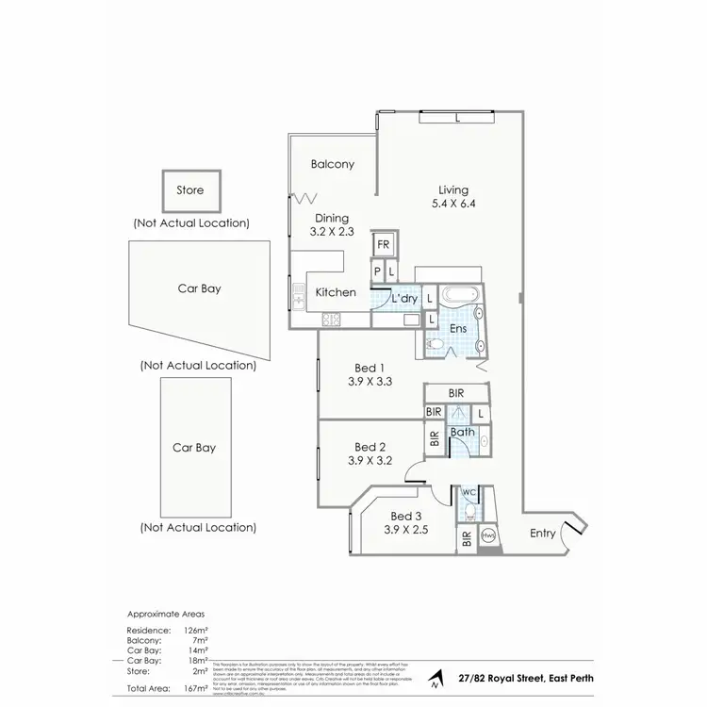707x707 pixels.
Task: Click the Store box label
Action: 190,190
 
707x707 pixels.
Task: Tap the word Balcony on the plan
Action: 333,164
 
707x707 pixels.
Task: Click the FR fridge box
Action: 384,245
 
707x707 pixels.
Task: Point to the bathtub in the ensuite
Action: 461,295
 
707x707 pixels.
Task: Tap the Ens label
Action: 457,328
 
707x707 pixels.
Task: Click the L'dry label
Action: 404,299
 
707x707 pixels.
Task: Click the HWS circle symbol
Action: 489,535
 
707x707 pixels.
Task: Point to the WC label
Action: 469,493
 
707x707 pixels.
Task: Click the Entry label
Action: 543,534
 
